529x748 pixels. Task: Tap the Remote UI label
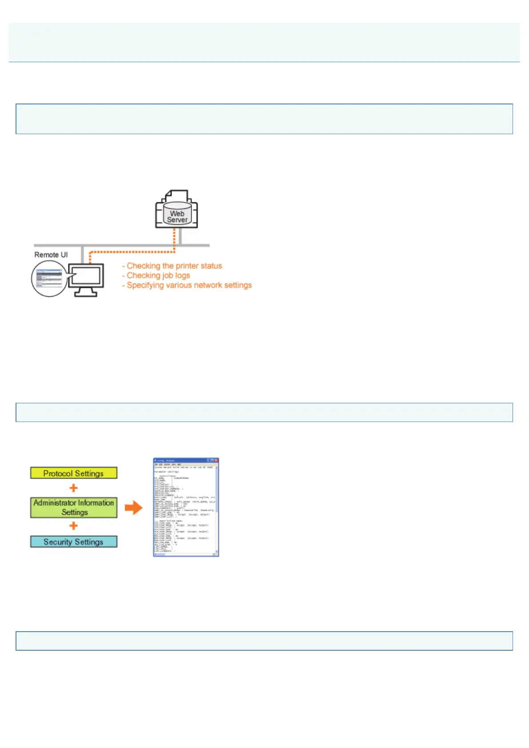(x=51, y=255)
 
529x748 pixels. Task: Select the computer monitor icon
(x=86, y=278)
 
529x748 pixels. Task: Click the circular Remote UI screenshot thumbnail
(x=48, y=279)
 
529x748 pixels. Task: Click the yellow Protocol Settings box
(x=74, y=473)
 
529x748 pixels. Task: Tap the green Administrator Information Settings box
(x=74, y=507)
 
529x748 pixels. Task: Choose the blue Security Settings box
(x=74, y=542)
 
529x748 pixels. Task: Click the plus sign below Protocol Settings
(x=74, y=488)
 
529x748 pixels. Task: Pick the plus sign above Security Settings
(x=74, y=526)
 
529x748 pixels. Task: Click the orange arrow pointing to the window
(x=133, y=508)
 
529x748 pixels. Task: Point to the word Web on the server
(x=177, y=214)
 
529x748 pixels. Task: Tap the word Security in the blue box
(x=58, y=542)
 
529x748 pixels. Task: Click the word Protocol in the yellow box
(x=58, y=473)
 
